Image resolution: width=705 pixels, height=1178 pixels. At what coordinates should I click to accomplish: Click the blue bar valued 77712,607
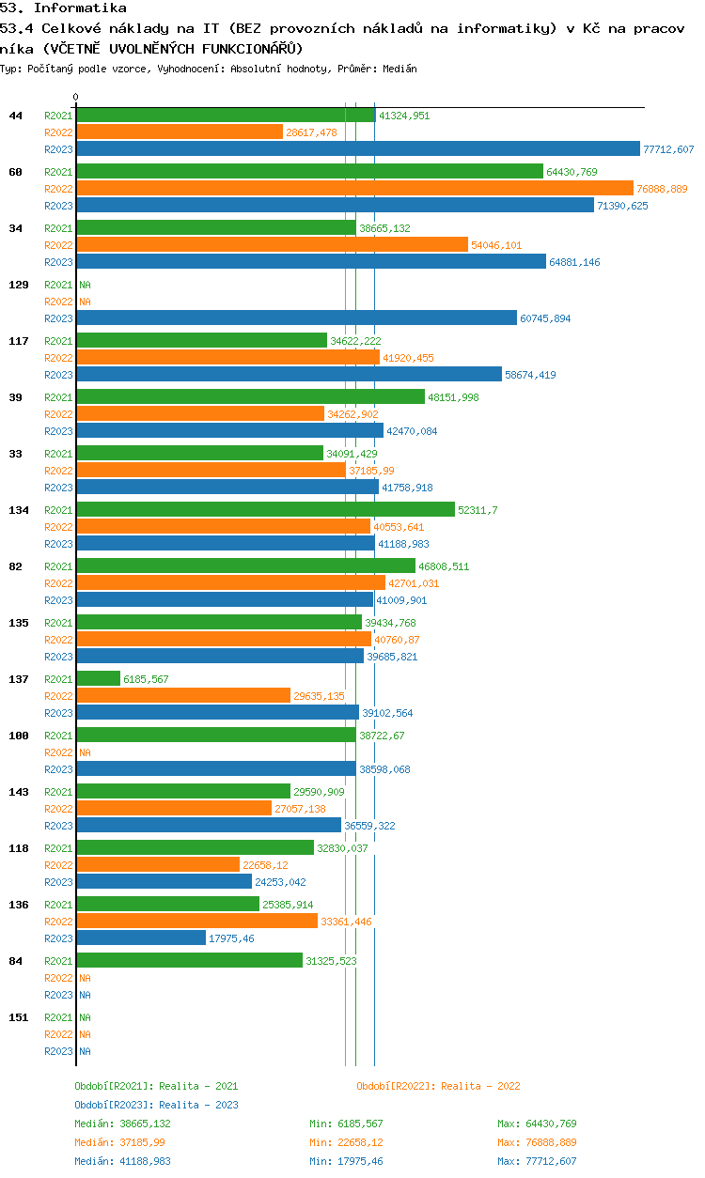(x=358, y=148)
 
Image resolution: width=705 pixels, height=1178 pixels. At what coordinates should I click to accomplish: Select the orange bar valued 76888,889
(x=355, y=188)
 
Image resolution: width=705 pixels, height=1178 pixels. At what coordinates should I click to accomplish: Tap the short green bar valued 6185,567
(x=99, y=678)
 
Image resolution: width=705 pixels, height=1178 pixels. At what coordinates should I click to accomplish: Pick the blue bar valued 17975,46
(x=141, y=938)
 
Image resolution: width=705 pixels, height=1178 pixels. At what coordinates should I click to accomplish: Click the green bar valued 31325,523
(x=189, y=960)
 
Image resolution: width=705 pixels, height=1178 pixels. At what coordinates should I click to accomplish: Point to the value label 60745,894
(x=545, y=318)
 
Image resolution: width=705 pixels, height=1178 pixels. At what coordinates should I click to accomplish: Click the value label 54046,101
(x=496, y=245)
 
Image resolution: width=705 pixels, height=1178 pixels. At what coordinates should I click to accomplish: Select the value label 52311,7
(x=478, y=510)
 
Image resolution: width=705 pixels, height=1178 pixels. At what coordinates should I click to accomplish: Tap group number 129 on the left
(x=19, y=285)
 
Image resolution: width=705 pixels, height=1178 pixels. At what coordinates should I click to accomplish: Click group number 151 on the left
(x=19, y=1017)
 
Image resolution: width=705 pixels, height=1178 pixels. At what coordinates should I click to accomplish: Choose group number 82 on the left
(x=16, y=566)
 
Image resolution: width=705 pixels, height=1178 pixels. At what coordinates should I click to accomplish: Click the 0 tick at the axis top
(x=76, y=97)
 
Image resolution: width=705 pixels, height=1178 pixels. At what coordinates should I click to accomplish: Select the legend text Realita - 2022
(x=480, y=1086)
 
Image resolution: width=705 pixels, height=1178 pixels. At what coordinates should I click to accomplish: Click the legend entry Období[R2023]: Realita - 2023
(x=156, y=1105)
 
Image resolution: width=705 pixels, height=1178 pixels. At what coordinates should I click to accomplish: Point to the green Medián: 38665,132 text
(x=122, y=1124)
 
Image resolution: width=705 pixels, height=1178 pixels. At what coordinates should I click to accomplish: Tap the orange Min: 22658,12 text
(x=346, y=1142)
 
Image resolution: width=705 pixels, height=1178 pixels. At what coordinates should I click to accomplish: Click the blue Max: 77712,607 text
(x=537, y=1161)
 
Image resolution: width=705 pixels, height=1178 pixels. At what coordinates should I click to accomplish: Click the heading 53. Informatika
(x=63, y=8)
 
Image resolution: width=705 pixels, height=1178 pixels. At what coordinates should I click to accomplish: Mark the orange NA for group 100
(x=85, y=752)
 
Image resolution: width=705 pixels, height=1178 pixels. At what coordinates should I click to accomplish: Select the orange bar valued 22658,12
(x=158, y=864)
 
